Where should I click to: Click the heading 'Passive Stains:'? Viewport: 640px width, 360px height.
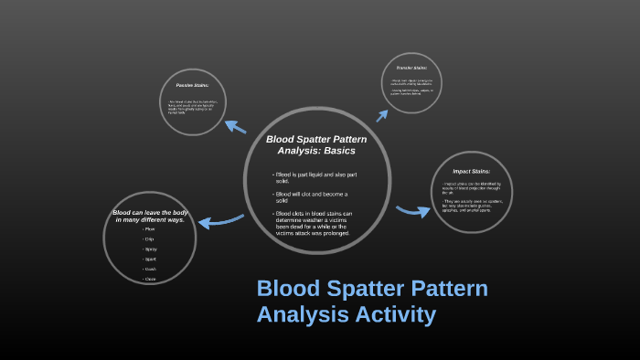tap(192, 86)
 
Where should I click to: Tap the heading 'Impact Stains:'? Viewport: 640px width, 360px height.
tap(471, 171)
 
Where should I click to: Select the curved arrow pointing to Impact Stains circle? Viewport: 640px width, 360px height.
tap(412, 211)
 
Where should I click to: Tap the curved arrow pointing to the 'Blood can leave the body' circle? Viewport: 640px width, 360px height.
tap(219, 222)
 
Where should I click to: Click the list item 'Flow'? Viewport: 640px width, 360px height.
tap(149, 228)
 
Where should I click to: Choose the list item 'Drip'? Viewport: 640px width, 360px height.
tap(149, 239)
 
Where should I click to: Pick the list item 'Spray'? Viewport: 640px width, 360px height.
tap(150, 249)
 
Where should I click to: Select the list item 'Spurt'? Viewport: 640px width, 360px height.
tap(150, 259)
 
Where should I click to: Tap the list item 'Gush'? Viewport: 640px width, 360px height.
tap(150, 269)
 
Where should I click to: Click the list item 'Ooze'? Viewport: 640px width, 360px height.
tap(150, 279)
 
